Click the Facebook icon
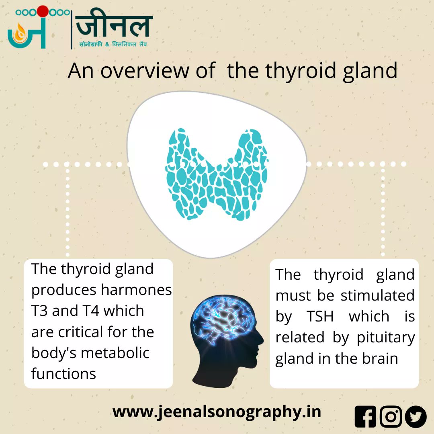[365, 416]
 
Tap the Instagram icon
[391, 416]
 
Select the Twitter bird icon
[416, 416]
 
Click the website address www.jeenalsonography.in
[217, 412]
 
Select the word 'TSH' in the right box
[320, 317]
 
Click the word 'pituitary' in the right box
[386, 338]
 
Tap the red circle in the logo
[43, 11]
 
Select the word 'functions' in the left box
[63, 374]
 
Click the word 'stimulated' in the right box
[377, 296]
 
